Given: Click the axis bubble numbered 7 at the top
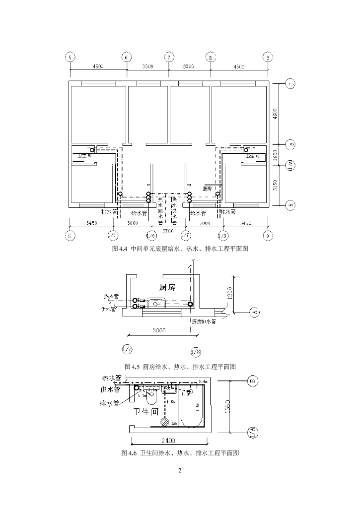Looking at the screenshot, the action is [169, 57].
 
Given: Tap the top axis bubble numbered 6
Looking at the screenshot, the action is [127, 57].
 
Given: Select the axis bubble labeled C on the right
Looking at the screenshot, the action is [291, 85].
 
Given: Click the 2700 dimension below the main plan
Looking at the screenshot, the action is [169, 230].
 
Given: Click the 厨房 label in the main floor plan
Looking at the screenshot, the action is [208, 189].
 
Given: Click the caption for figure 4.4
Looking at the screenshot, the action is [180, 249].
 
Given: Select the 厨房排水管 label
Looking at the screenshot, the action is [204, 321].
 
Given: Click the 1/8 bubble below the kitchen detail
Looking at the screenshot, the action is [196, 352].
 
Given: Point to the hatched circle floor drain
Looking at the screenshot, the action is [164, 423].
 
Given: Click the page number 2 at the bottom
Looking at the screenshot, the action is [180, 470].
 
